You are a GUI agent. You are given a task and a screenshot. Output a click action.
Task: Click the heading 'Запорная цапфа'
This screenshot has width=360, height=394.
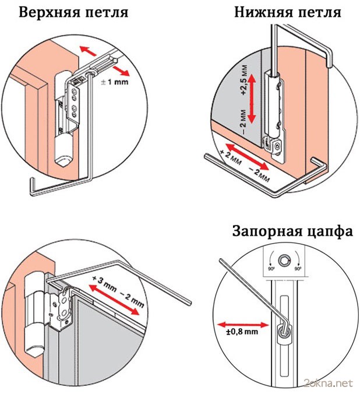coord(292,231)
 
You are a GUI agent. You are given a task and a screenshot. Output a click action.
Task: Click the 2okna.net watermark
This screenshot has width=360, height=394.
coord(329,383)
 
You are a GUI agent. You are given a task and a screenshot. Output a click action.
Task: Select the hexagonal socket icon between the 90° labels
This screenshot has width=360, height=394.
coord(284,260)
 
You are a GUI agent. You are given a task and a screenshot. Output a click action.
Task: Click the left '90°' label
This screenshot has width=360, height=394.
coord(270,269)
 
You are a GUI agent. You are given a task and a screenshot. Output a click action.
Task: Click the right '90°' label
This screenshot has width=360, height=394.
coord(299,269)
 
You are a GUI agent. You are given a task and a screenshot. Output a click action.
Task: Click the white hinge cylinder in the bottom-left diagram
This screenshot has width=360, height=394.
coord(34,315)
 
